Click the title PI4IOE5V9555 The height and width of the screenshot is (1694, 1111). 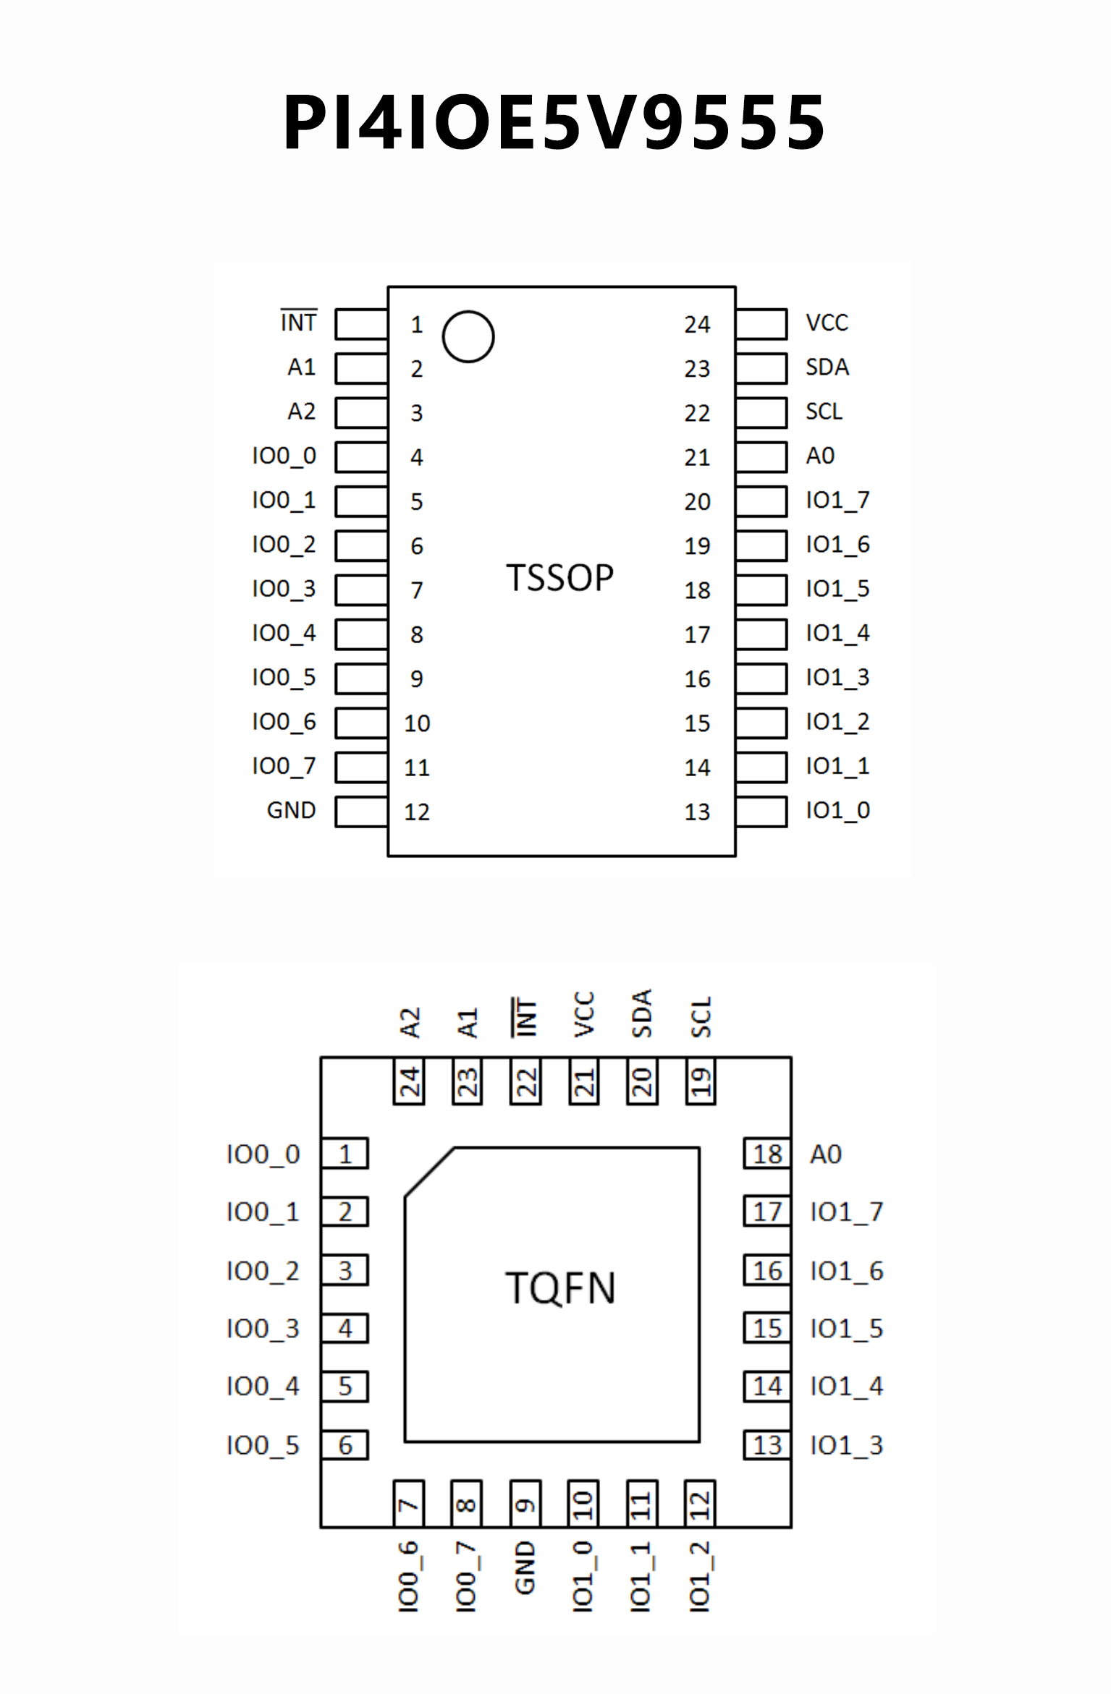554,122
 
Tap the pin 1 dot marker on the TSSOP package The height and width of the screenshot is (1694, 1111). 468,336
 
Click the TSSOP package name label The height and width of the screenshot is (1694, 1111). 559,578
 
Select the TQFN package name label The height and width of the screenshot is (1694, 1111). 560,1288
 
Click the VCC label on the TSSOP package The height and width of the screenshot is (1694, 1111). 827,323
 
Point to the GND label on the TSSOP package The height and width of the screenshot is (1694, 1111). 291,810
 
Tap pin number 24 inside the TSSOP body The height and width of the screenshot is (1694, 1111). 697,325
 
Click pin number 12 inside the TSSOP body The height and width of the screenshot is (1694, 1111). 417,812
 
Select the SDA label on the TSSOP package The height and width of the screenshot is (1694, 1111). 827,367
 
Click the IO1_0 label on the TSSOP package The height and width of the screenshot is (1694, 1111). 837,810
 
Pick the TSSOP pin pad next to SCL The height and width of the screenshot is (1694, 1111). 761,412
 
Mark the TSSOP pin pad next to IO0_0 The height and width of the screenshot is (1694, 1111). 361,456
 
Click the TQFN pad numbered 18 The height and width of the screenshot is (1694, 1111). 767,1154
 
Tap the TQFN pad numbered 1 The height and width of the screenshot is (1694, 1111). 345,1154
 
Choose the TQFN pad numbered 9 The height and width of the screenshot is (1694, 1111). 525,1504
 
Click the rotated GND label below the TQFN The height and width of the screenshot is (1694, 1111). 525,1567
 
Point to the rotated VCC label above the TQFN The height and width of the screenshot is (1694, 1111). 583,1014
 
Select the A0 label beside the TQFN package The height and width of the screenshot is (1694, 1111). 826,1154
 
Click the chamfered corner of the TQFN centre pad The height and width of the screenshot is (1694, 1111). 429,1172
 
